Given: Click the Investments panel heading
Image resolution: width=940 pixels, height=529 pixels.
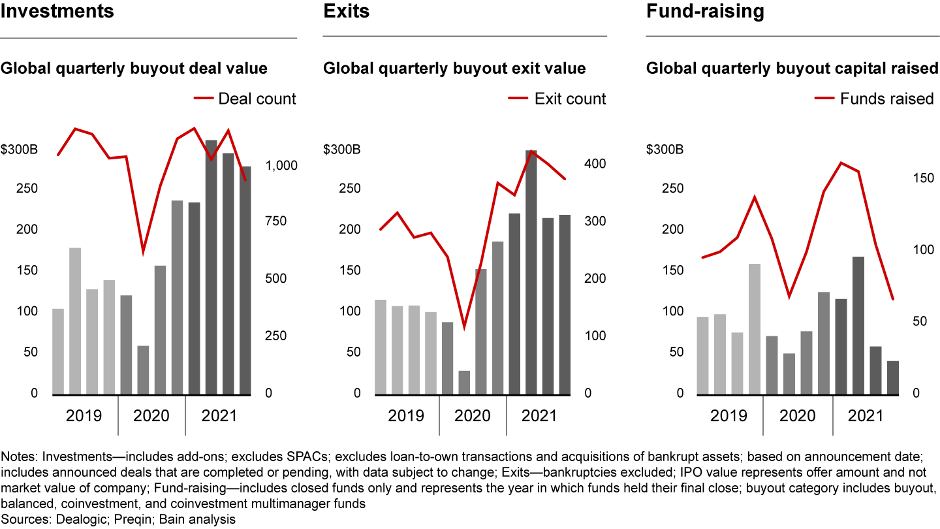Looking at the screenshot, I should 57,11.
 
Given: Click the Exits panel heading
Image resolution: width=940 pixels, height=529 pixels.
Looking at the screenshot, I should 346,11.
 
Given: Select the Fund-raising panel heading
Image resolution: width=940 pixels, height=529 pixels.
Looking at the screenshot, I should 705,11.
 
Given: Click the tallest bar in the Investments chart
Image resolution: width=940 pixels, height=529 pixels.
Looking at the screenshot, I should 211,267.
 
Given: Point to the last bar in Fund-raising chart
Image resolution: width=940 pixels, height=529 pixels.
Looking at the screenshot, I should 892,377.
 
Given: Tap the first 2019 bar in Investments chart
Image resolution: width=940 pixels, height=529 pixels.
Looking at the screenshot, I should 58,351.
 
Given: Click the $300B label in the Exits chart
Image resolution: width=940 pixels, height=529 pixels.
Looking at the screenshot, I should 342,150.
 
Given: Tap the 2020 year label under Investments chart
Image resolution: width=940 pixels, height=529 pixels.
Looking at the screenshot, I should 151,416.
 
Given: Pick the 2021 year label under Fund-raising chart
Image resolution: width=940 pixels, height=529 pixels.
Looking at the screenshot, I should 865,416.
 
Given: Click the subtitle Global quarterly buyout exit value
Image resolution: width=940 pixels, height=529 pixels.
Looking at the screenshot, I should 454,69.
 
